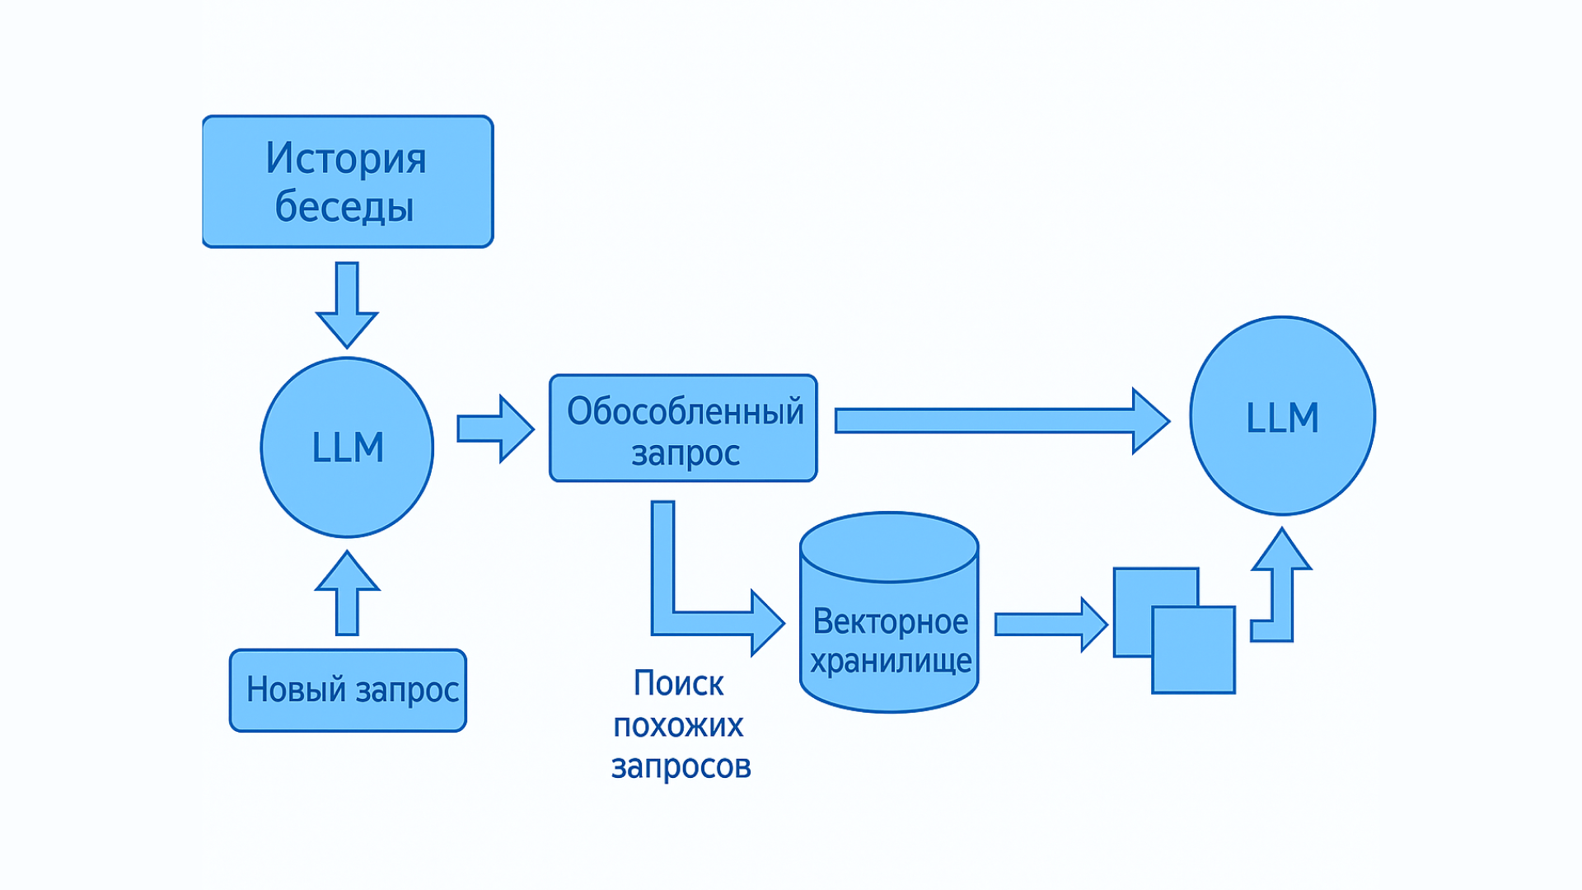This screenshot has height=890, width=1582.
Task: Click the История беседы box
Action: [x=347, y=181]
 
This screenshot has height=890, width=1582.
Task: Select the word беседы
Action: [x=344, y=206]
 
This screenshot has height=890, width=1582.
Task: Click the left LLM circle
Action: [x=347, y=447]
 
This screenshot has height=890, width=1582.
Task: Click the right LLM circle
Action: [x=1282, y=416]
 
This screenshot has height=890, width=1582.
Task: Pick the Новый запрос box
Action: [x=348, y=690]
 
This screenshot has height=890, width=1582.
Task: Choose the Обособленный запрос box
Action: [x=683, y=428]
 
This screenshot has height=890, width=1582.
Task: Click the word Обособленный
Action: [x=685, y=411]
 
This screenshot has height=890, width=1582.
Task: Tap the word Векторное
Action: [x=890, y=621]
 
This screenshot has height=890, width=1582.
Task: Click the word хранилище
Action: [x=891, y=661]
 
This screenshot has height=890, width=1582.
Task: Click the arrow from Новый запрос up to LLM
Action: [x=347, y=593]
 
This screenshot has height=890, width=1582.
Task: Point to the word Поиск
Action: [x=678, y=683]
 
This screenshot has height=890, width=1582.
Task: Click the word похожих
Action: [x=678, y=725]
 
